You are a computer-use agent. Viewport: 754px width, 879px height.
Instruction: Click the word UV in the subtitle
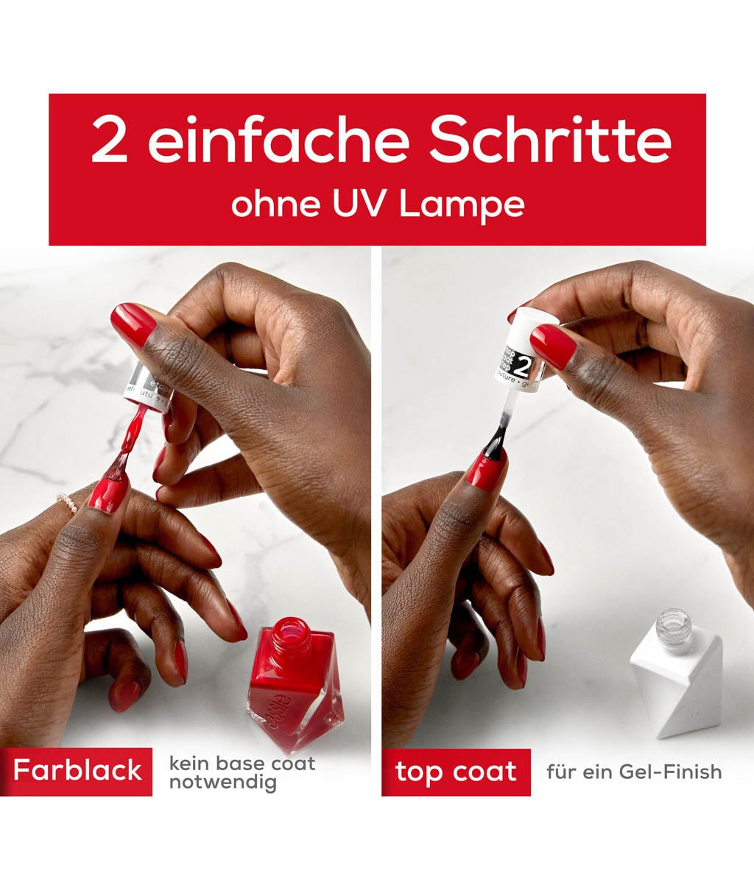pos(364,204)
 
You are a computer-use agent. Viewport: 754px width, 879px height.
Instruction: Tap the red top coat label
pos(456,772)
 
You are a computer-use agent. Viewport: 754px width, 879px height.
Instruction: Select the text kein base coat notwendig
pos(242,772)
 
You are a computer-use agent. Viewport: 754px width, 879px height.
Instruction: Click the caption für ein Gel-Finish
pos(633,772)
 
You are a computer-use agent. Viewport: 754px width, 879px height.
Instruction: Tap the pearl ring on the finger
pos(67,503)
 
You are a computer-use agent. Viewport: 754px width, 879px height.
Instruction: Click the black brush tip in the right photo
pos(492,441)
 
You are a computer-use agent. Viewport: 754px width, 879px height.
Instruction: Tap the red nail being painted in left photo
pos(108,493)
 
